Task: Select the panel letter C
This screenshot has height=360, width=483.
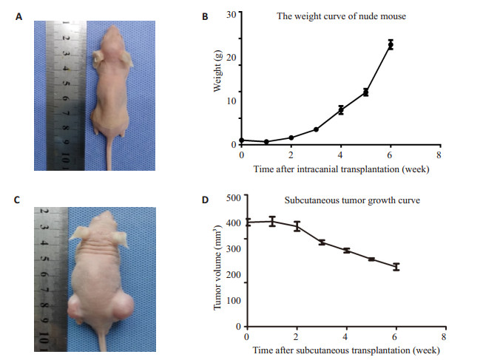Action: pos(17,199)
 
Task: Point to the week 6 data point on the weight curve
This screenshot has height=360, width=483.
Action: pos(391,45)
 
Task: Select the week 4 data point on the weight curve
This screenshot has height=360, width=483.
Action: pos(341,110)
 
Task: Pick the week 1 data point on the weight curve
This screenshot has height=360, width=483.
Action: pos(266,142)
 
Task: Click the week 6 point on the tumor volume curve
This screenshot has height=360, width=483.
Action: pos(396,267)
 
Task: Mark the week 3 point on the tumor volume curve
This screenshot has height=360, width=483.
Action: pos(322,242)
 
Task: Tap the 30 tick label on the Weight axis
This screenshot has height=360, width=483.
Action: pos(232,14)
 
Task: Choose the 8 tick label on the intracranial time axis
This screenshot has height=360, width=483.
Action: pos(440,155)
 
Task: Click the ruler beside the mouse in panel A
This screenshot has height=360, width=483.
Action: pos(66,92)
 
